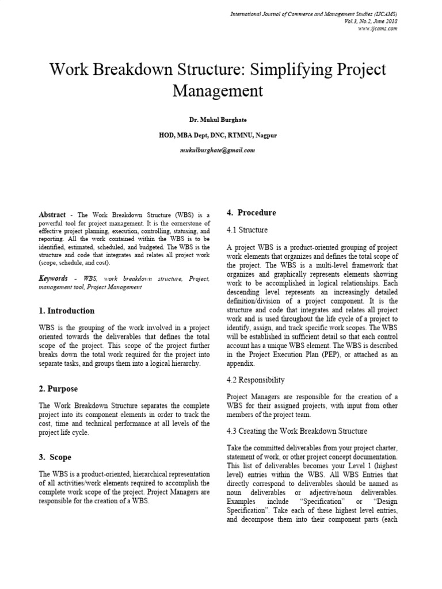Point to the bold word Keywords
click(x=54, y=278)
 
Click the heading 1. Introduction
click(x=67, y=311)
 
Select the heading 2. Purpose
click(x=58, y=389)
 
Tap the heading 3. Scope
click(x=55, y=457)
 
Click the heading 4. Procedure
click(x=252, y=213)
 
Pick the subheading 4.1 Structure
click(x=247, y=230)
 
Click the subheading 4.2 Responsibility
click(x=256, y=380)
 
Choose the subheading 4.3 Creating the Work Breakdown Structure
click(x=297, y=431)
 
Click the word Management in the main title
click(x=218, y=90)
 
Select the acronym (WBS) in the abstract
click(x=189, y=214)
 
